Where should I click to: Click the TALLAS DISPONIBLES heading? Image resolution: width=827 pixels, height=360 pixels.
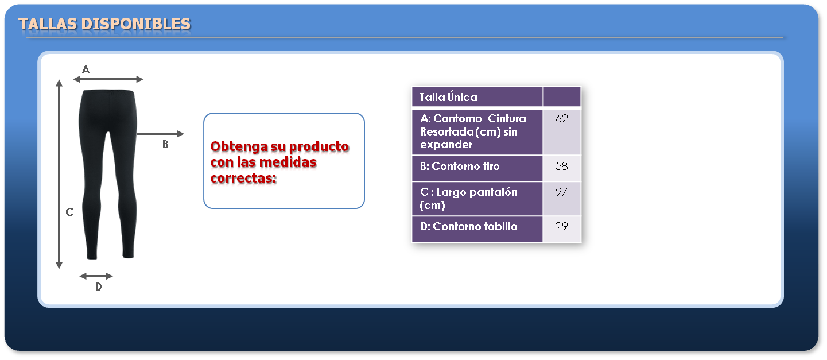click(104, 24)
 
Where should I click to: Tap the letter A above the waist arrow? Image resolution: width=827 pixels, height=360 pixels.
click(86, 69)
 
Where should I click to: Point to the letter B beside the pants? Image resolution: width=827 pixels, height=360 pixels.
click(165, 144)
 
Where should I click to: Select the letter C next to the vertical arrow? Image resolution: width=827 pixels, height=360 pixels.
click(69, 212)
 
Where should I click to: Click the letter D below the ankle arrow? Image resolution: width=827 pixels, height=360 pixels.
click(98, 287)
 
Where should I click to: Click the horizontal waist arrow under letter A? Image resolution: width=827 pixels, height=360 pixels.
click(108, 79)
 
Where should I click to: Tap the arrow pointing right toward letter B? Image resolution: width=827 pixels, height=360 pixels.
click(160, 134)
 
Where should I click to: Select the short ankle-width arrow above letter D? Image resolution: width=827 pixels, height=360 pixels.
click(96, 276)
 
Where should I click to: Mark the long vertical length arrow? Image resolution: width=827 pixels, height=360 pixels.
click(59, 175)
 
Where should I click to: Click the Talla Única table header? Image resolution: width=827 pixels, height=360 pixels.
click(448, 97)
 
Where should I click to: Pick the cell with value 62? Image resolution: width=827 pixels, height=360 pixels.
click(561, 132)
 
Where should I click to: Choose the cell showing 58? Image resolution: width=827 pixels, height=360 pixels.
click(561, 168)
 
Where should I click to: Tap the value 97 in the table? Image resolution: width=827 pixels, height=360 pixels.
click(561, 192)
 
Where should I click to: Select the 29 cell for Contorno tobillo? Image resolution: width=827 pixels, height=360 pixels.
click(561, 229)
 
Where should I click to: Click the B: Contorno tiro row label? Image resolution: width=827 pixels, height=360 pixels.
click(460, 166)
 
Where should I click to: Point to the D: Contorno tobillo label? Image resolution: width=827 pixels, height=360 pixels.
click(468, 226)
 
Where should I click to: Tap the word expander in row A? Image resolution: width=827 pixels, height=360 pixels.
click(446, 144)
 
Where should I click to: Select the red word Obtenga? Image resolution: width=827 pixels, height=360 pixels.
click(239, 147)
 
